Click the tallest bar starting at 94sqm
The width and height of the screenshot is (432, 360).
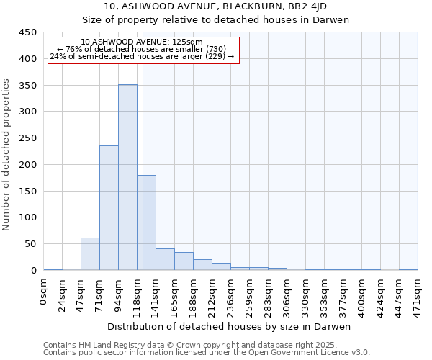click(127, 177)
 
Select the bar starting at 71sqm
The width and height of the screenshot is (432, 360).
click(109, 207)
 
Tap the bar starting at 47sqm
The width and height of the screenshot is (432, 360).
click(90, 253)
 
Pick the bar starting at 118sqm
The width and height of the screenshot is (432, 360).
click(146, 222)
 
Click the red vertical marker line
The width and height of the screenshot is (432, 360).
click(143, 158)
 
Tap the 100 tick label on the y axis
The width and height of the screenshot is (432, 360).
click(29, 217)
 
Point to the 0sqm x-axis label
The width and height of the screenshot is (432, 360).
click(44, 292)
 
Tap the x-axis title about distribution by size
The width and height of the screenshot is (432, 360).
click(230, 326)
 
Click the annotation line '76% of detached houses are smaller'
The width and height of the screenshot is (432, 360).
click(142, 49)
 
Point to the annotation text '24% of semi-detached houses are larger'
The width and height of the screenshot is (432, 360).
click(142, 56)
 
